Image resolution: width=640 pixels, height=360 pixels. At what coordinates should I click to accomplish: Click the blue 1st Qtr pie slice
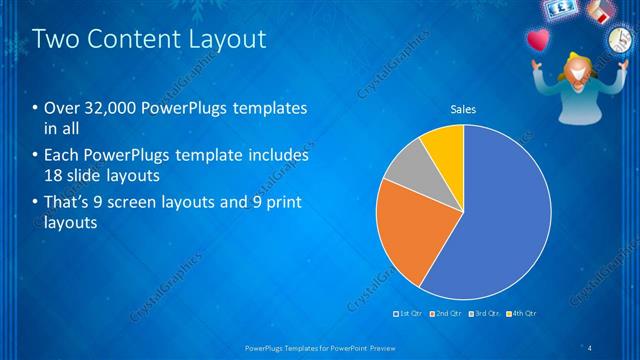(x=500, y=220)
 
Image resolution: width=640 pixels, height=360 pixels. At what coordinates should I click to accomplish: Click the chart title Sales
(x=463, y=109)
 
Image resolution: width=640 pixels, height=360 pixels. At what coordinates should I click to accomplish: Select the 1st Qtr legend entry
(x=409, y=314)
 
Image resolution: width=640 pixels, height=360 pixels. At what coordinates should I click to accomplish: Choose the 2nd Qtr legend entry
(x=446, y=314)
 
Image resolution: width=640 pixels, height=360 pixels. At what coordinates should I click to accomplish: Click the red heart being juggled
(x=538, y=42)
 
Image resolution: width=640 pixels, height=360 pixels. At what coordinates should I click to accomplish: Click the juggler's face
(x=577, y=70)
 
